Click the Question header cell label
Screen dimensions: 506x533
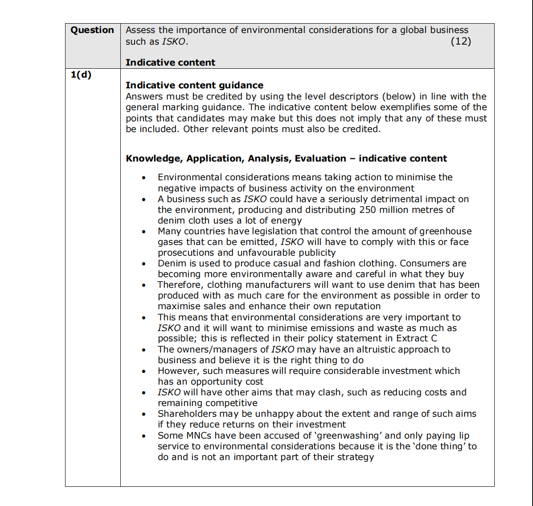92,30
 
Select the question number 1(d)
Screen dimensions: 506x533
81,75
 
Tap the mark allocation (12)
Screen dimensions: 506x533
461,41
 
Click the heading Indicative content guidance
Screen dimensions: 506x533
194,85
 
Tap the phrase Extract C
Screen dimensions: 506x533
416,338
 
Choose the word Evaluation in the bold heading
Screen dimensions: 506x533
320,158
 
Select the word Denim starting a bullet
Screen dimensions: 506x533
172,263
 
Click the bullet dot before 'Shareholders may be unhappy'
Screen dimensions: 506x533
143,415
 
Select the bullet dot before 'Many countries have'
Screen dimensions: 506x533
143,232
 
